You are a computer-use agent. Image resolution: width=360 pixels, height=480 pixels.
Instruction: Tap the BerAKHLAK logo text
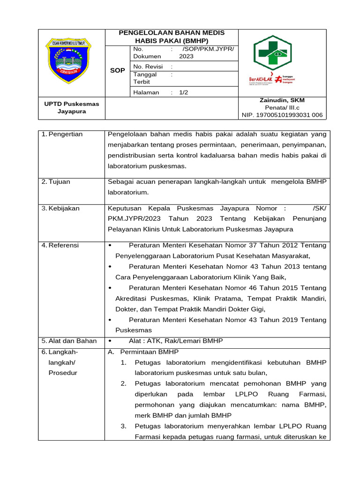coord(261,80)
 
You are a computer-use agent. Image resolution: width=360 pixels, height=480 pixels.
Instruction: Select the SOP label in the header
coord(117,70)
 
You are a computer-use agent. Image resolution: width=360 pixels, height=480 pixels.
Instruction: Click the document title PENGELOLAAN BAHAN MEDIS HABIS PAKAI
coord(172,37)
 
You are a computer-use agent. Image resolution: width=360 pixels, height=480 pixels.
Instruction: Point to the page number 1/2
coord(183,92)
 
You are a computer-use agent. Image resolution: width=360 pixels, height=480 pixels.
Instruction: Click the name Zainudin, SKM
coord(282,100)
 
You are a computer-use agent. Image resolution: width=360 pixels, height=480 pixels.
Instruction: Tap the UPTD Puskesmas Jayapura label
coord(72,107)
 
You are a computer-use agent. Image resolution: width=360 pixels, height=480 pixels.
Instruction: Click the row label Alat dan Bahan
coord(72,341)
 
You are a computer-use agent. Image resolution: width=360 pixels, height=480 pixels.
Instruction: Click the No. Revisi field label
coord(148,67)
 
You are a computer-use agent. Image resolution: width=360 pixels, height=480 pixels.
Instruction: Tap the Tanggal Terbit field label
coord(145,78)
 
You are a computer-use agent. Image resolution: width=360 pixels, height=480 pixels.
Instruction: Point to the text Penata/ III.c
coord(282,107)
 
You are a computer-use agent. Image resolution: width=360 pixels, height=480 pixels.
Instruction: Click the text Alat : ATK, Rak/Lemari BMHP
coord(176,341)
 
